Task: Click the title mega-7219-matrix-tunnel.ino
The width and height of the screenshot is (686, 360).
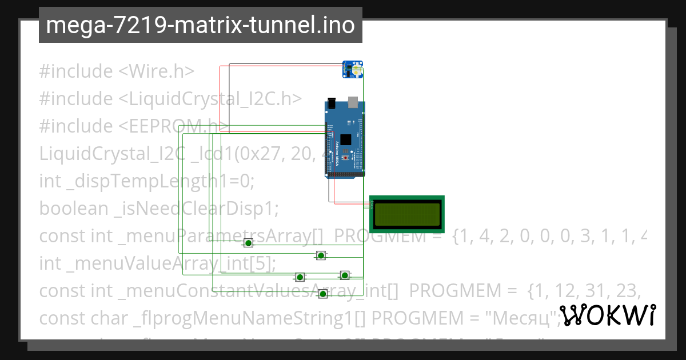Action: (x=200, y=25)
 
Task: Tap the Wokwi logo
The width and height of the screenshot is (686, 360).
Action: (x=607, y=315)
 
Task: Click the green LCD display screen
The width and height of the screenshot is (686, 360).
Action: (x=406, y=214)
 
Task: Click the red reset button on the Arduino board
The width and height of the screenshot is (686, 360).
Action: (x=345, y=157)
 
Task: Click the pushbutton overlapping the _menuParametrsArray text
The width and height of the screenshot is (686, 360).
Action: (x=248, y=243)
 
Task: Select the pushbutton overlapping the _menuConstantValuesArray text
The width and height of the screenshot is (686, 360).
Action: (x=322, y=294)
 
